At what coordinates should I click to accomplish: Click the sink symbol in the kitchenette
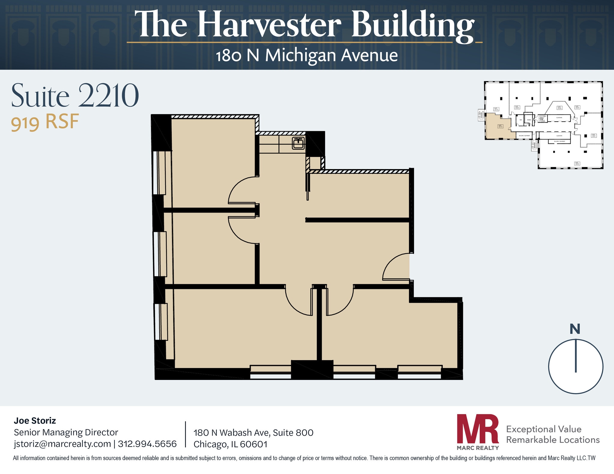(298, 143)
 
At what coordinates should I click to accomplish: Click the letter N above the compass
(575, 329)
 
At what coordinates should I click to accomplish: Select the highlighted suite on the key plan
(498, 127)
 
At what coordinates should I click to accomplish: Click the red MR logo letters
(477, 429)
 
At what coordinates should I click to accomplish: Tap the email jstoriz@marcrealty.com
(62, 444)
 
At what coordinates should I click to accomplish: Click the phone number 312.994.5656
(147, 444)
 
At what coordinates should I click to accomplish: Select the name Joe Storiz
(35, 421)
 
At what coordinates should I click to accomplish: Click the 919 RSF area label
(45, 122)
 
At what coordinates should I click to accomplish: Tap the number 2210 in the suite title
(109, 96)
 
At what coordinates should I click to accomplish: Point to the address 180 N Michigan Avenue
(307, 56)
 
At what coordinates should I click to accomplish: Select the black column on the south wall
(312, 369)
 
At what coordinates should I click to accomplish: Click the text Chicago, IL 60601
(230, 444)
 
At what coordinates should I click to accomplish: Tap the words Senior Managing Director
(66, 432)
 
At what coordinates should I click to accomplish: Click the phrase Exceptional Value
(544, 429)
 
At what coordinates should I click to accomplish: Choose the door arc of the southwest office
(297, 304)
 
